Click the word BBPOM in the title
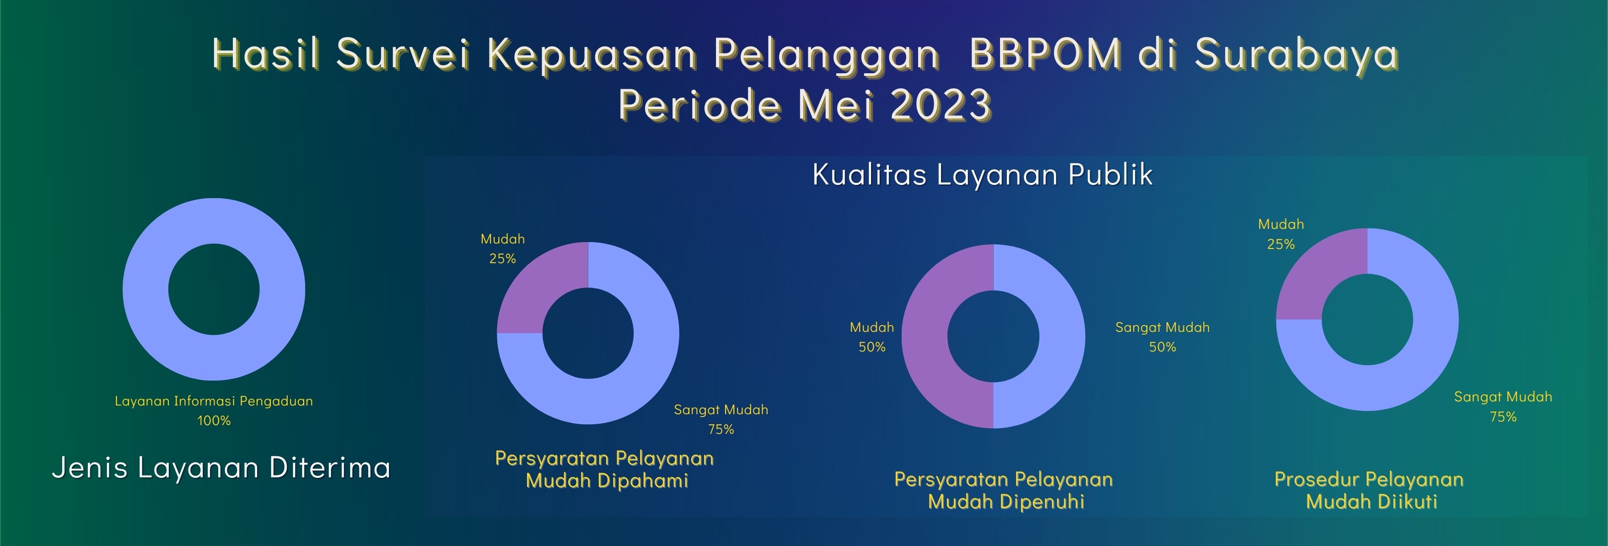(1046, 53)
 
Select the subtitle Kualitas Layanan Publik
(983, 174)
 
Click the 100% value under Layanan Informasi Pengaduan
(214, 421)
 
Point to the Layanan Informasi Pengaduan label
(214, 401)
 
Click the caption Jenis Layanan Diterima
(221, 467)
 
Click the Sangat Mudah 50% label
(1162, 337)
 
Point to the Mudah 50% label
(872, 337)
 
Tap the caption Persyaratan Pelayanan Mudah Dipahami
(605, 469)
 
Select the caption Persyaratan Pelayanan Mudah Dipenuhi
(1004, 491)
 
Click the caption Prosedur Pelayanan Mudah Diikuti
(1369, 491)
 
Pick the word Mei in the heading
(836, 104)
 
